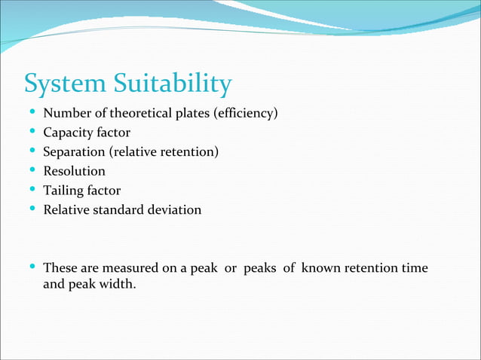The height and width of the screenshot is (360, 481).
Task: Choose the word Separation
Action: coord(75,152)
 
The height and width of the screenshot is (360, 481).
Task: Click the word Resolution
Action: coord(74,171)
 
